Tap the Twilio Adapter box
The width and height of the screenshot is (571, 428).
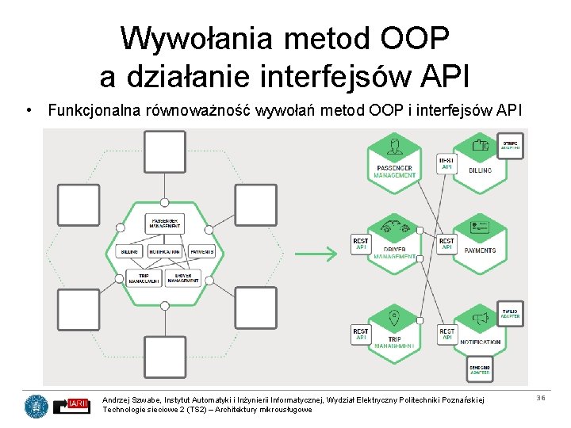click(x=510, y=313)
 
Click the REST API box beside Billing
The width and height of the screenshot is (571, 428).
click(x=446, y=164)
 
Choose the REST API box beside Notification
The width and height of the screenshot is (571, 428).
click(x=446, y=334)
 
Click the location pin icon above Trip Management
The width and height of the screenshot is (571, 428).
click(x=394, y=319)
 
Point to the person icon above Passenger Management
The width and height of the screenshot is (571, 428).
click(x=394, y=146)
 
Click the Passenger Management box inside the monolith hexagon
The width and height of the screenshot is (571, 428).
click(x=164, y=223)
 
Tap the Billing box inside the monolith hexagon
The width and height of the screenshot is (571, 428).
click(x=129, y=251)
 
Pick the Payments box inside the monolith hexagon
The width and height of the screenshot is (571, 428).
click(x=201, y=251)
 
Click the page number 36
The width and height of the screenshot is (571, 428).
click(x=541, y=398)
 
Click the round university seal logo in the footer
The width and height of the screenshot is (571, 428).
click(x=36, y=406)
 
